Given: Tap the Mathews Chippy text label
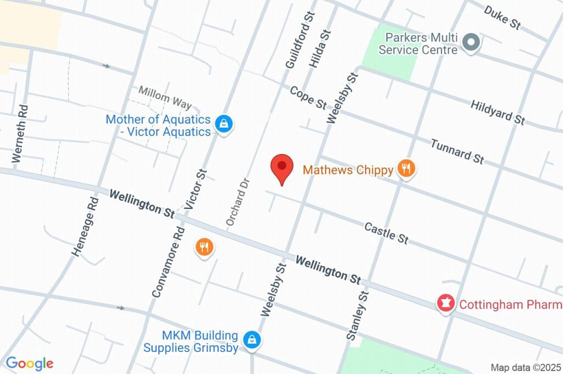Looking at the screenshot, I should pos(348,169).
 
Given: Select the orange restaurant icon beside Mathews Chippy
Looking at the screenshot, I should pos(406,169).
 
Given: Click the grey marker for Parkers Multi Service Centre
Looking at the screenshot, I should pos(471,42).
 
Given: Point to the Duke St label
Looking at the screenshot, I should pos(502,16).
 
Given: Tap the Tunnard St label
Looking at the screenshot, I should pos(457,151).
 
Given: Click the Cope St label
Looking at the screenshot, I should pos(308,97).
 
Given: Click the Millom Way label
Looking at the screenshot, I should pos(165,97).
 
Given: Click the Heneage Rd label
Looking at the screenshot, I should pos(84,227).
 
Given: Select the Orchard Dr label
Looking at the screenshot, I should pos(238,201).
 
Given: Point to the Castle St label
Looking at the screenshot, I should pos(386,233).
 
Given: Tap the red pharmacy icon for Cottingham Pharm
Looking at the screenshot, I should pos(445,303).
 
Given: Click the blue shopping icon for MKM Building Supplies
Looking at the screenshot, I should pos(252,340).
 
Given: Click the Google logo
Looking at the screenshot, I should pos(30,363).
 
